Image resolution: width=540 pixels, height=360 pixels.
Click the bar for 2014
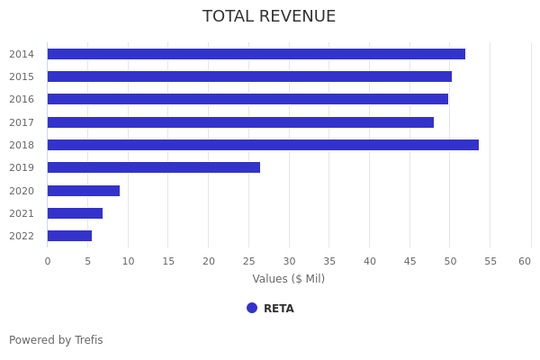256,54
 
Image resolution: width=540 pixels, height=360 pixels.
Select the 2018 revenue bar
263,145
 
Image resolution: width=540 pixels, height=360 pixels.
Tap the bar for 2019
153,167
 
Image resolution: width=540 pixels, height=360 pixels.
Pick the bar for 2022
69,236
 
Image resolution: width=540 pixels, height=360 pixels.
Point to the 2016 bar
247,99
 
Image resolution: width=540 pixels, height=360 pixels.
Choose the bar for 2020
83,191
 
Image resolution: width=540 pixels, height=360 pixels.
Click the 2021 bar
75,213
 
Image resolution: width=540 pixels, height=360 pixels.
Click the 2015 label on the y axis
22,76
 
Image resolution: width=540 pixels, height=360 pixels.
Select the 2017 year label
22,122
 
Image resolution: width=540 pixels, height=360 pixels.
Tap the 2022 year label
22,236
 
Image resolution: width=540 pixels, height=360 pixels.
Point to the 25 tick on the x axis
248,261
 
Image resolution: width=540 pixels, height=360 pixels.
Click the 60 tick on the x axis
525,261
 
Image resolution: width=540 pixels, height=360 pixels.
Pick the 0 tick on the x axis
48,261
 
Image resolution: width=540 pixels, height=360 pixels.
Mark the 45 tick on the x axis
409,261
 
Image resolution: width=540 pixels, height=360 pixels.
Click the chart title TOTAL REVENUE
269,17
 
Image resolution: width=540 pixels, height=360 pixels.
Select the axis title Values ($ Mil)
288,279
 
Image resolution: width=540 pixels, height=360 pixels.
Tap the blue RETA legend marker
252,308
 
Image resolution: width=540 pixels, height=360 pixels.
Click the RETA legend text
279,309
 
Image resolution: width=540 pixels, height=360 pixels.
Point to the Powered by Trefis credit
56,340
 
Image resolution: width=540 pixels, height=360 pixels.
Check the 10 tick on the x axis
128,261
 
